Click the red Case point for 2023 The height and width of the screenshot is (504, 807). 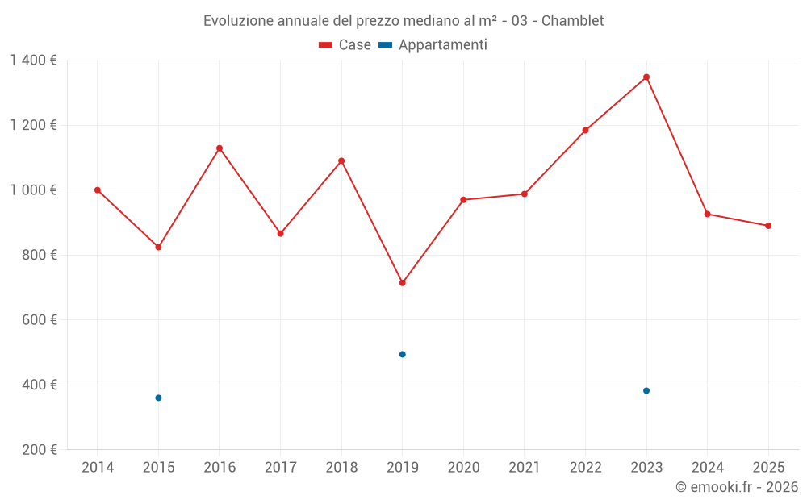[646, 77]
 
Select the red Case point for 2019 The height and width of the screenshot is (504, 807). [403, 283]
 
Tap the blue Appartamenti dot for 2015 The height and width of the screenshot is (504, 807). [158, 398]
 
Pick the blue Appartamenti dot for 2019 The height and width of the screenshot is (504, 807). [403, 354]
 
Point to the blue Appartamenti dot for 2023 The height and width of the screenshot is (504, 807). [646, 391]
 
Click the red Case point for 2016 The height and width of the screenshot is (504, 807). [220, 148]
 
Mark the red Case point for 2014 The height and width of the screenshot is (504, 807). [98, 190]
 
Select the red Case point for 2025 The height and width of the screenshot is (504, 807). [768, 226]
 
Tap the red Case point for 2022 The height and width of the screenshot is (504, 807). [585, 131]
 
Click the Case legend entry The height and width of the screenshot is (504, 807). [345, 45]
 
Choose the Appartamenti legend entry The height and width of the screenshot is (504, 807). [433, 45]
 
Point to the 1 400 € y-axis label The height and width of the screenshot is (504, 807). [34, 60]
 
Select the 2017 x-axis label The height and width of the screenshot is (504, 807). [280, 468]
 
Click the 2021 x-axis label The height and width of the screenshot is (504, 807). [525, 468]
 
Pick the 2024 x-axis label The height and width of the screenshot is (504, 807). [707, 468]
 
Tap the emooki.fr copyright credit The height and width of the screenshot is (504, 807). [736, 487]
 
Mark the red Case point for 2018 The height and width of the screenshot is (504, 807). [341, 160]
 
